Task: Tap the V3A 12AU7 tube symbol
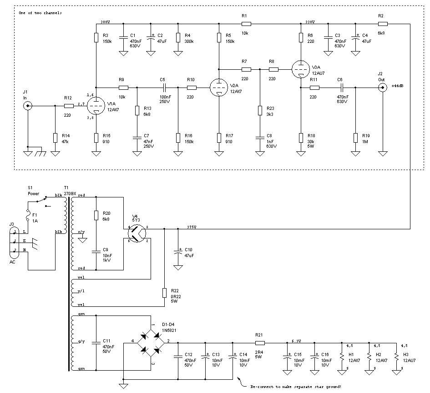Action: pos(300,69)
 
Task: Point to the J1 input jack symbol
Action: pos(28,106)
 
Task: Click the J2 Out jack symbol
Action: pos(383,88)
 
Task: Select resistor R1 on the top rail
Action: pos(246,23)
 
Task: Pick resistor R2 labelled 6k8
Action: pos(383,23)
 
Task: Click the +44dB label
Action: pos(398,86)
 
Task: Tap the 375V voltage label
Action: pos(192,227)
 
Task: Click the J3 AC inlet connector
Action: pos(14,241)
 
